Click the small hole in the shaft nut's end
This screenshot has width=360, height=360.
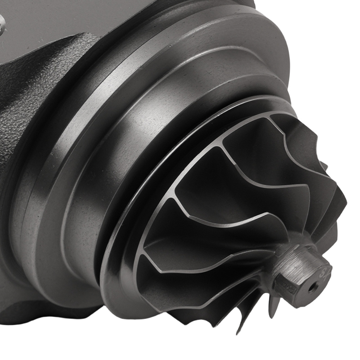(x=314, y=287)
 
